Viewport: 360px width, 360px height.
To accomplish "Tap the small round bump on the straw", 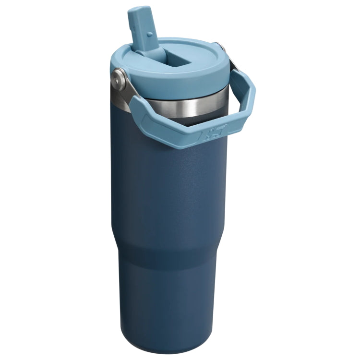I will coord(148,34).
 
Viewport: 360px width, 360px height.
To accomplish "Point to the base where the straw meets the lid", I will coord(144,48).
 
